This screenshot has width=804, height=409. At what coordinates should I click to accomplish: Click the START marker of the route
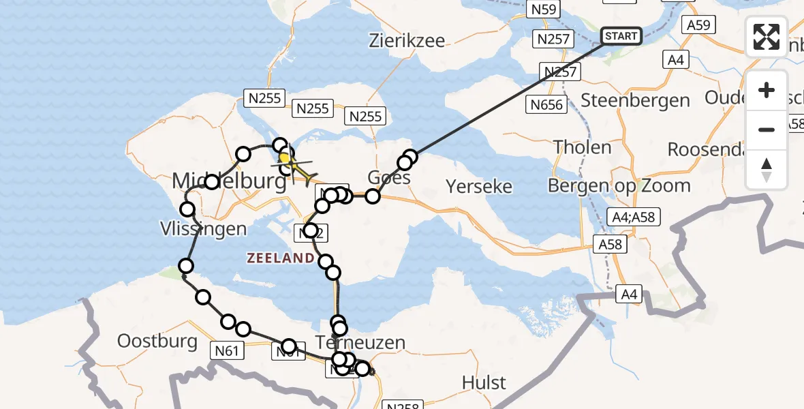[621, 36]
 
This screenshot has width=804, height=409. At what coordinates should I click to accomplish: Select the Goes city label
[389, 178]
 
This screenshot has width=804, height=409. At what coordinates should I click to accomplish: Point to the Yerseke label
[478, 185]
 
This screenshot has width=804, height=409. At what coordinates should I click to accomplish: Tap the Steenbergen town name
[635, 100]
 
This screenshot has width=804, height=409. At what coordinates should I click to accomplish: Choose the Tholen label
[582, 147]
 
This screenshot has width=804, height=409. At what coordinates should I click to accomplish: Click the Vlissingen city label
[204, 228]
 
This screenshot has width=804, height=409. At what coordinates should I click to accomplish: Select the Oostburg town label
[157, 341]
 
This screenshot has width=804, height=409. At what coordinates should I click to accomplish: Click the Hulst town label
[484, 382]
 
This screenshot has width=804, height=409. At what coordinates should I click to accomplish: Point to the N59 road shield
[544, 10]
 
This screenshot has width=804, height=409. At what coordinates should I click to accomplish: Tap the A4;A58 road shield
[633, 216]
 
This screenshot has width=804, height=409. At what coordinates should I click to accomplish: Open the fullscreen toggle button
[767, 37]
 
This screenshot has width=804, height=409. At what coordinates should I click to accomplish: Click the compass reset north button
[767, 170]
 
